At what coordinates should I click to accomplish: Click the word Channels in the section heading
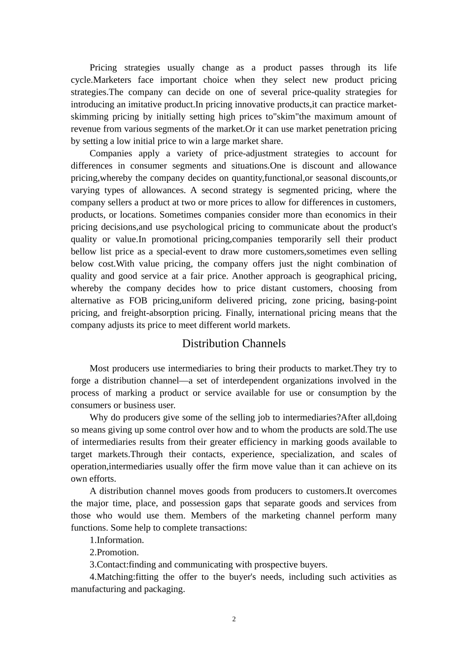pyautogui.click(x=260, y=343)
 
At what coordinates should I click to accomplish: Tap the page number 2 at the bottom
pyautogui.click(x=234, y=619)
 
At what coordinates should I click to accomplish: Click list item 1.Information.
pyautogui.click(x=117, y=540)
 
